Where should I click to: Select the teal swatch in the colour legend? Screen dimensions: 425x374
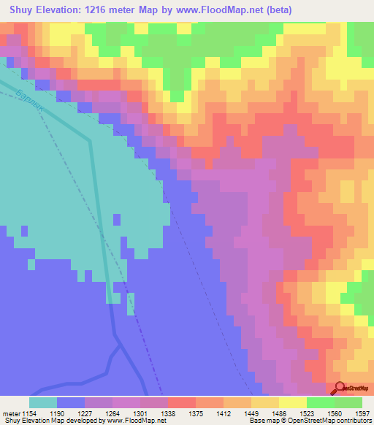(x=43, y=402)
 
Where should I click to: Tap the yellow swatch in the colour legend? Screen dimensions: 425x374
(x=292, y=402)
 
